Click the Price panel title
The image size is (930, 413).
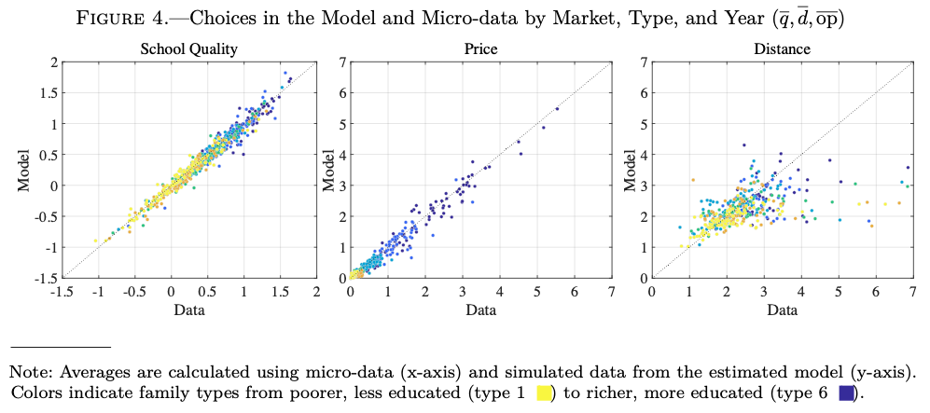[x=479, y=48]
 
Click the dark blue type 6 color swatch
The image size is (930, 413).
[x=847, y=392]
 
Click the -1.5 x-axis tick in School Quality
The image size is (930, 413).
[x=62, y=293]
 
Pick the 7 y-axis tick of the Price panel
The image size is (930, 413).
[x=342, y=62]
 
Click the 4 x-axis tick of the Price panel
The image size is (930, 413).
[x=499, y=293]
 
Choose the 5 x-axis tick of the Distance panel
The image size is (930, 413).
[x=839, y=293]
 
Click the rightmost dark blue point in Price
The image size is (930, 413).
[x=557, y=109]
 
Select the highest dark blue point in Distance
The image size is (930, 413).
[x=743, y=145]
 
